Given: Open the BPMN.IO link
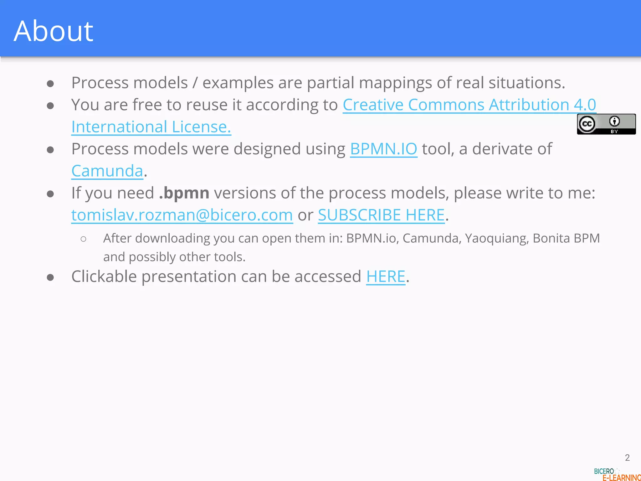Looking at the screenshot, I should tap(383, 149).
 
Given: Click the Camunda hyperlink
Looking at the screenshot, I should tap(107, 171).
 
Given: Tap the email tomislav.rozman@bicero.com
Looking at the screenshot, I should tap(182, 215).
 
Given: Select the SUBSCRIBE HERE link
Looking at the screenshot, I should tap(381, 215).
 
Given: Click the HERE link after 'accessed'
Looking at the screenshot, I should tap(386, 277).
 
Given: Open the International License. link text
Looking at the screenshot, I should tap(151, 127).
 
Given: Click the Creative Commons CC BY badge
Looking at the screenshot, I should tap(606, 124).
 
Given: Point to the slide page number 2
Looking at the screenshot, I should tap(627, 458).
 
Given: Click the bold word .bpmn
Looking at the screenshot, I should tap(184, 193).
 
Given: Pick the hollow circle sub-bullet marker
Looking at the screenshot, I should tap(83, 239).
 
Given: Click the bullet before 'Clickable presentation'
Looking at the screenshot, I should tap(50, 277).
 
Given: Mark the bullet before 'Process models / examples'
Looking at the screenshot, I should tap(50, 84).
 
